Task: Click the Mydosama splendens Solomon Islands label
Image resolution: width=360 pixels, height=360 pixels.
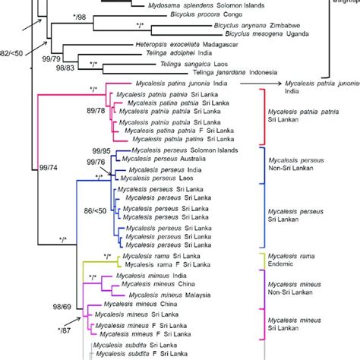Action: click(160, 5)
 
